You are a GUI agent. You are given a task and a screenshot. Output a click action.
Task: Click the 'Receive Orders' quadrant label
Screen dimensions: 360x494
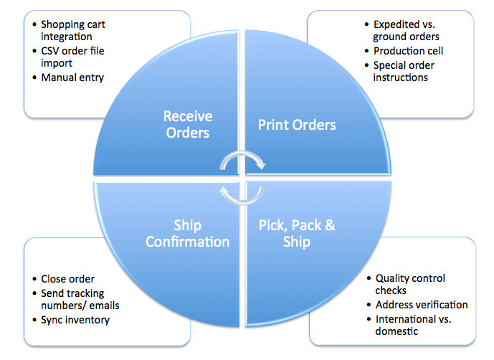tap(188, 124)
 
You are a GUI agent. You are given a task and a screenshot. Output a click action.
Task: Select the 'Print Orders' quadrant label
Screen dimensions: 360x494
tap(297, 125)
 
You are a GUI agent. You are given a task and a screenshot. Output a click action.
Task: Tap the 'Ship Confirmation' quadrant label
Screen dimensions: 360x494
tap(188, 233)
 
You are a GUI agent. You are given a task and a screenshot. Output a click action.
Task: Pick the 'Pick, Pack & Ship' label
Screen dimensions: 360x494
tap(296, 233)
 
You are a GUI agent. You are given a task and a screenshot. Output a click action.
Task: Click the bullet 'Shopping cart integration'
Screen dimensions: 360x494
tap(71, 31)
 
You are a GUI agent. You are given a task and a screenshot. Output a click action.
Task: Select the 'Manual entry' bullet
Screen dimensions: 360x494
tap(72, 77)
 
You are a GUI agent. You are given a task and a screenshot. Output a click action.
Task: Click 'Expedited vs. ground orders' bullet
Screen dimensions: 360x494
tap(406, 31)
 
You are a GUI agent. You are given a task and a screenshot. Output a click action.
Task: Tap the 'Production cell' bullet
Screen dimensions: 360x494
tap(408, 51)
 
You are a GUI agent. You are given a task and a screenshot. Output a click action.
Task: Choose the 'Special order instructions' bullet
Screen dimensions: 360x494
tap(404, 71)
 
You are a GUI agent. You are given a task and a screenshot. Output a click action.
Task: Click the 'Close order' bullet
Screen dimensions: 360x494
tap(67, 279)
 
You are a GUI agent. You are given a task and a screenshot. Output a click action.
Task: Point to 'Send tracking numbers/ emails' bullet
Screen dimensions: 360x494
tap(80, 299)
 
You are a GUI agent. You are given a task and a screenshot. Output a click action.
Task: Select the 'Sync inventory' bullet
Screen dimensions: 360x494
tap(75, 319)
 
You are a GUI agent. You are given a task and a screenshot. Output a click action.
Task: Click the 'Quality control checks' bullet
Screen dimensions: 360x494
tap(410, 284)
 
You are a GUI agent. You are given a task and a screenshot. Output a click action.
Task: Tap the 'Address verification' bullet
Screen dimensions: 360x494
tap(422, 305)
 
